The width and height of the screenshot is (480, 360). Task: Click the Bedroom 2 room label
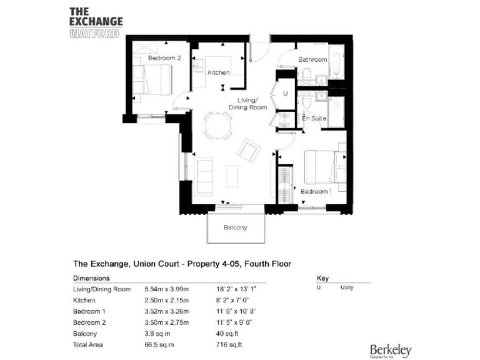(164, 58)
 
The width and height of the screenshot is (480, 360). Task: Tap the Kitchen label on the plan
(219, 73)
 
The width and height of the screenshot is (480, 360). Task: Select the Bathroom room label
(312, 59)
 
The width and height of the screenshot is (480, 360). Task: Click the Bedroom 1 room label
(316, 191)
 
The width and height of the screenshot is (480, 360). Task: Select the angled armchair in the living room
(249, 150)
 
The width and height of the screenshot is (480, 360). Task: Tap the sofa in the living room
(204, 175)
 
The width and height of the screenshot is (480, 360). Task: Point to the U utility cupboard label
(286, 93)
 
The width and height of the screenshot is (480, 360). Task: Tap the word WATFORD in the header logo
(94, 32)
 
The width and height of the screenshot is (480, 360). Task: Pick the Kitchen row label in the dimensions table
(84, 300)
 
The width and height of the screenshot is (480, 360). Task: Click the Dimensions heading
(92, 277)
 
